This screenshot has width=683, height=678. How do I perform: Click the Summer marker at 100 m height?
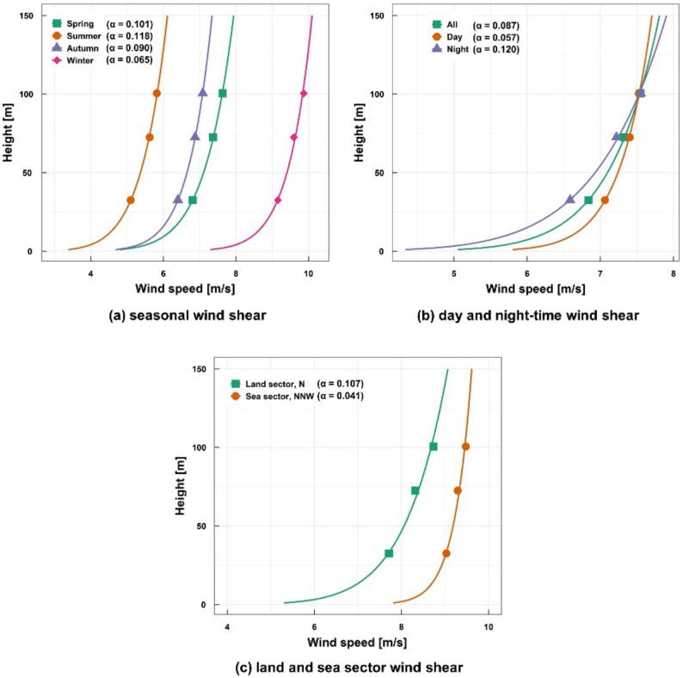pos(157,93)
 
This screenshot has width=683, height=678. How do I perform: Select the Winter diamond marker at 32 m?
pos(278,200)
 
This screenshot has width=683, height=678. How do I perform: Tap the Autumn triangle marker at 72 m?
pos(195,137)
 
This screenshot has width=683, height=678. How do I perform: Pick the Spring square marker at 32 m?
pos(193,200)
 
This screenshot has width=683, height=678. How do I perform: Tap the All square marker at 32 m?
pos(588,200)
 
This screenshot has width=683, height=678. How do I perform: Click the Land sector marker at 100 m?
pos(434,447)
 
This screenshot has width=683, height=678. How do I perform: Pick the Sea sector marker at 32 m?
pos(446,553)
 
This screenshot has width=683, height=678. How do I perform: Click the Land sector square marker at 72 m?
pos(415,490)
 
